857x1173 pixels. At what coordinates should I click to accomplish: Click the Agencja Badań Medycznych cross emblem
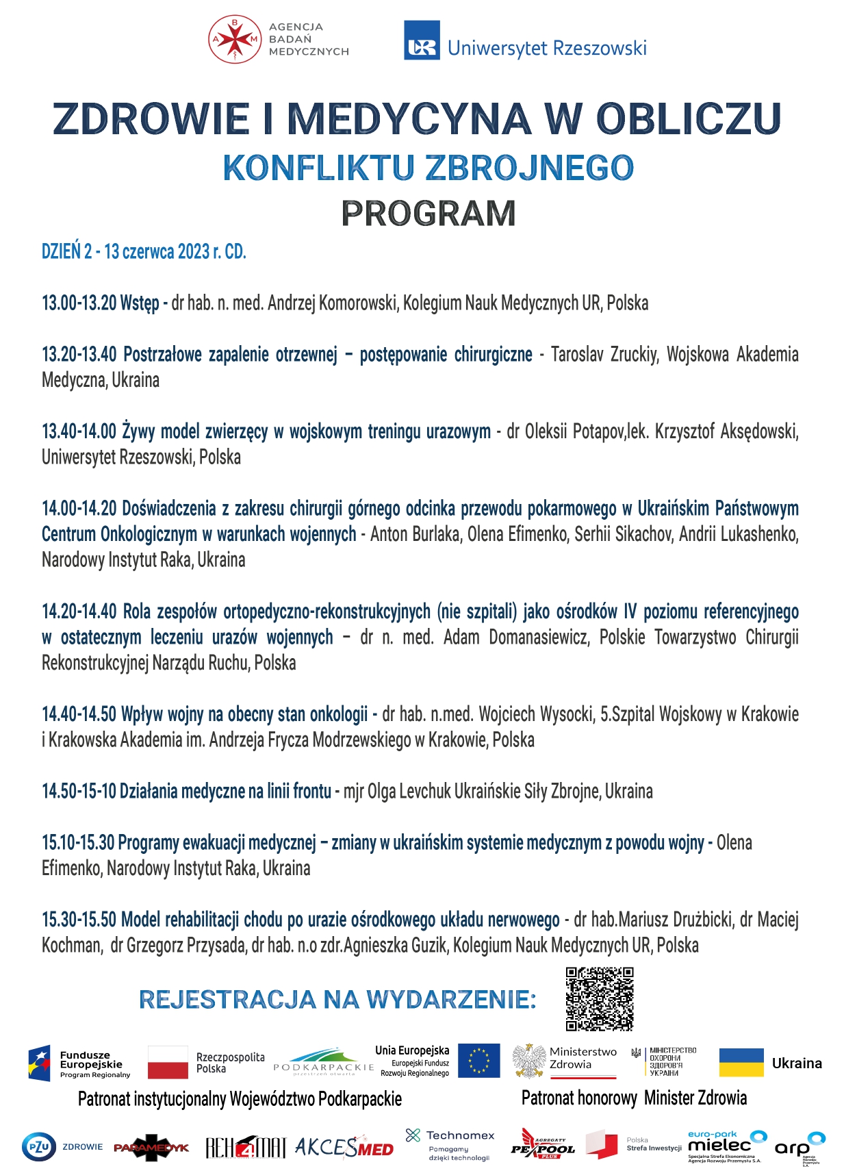point(235,40)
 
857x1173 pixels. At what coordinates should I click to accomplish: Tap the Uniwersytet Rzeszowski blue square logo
point(422,40)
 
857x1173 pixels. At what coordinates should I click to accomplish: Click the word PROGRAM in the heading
point(428,214)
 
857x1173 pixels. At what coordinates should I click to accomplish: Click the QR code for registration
point(600,999)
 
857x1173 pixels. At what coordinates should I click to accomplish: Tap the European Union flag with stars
point(478,1061)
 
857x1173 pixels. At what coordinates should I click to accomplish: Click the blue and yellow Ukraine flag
point(741,1063)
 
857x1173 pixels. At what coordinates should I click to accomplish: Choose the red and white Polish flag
point(168,1063)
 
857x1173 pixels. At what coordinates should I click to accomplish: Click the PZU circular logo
point(39,1147)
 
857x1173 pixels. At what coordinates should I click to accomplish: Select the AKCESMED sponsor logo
point(344,1147)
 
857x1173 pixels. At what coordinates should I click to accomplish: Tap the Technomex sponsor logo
point(450,1144)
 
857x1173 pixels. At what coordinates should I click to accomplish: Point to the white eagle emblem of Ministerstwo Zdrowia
point(528,1061)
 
